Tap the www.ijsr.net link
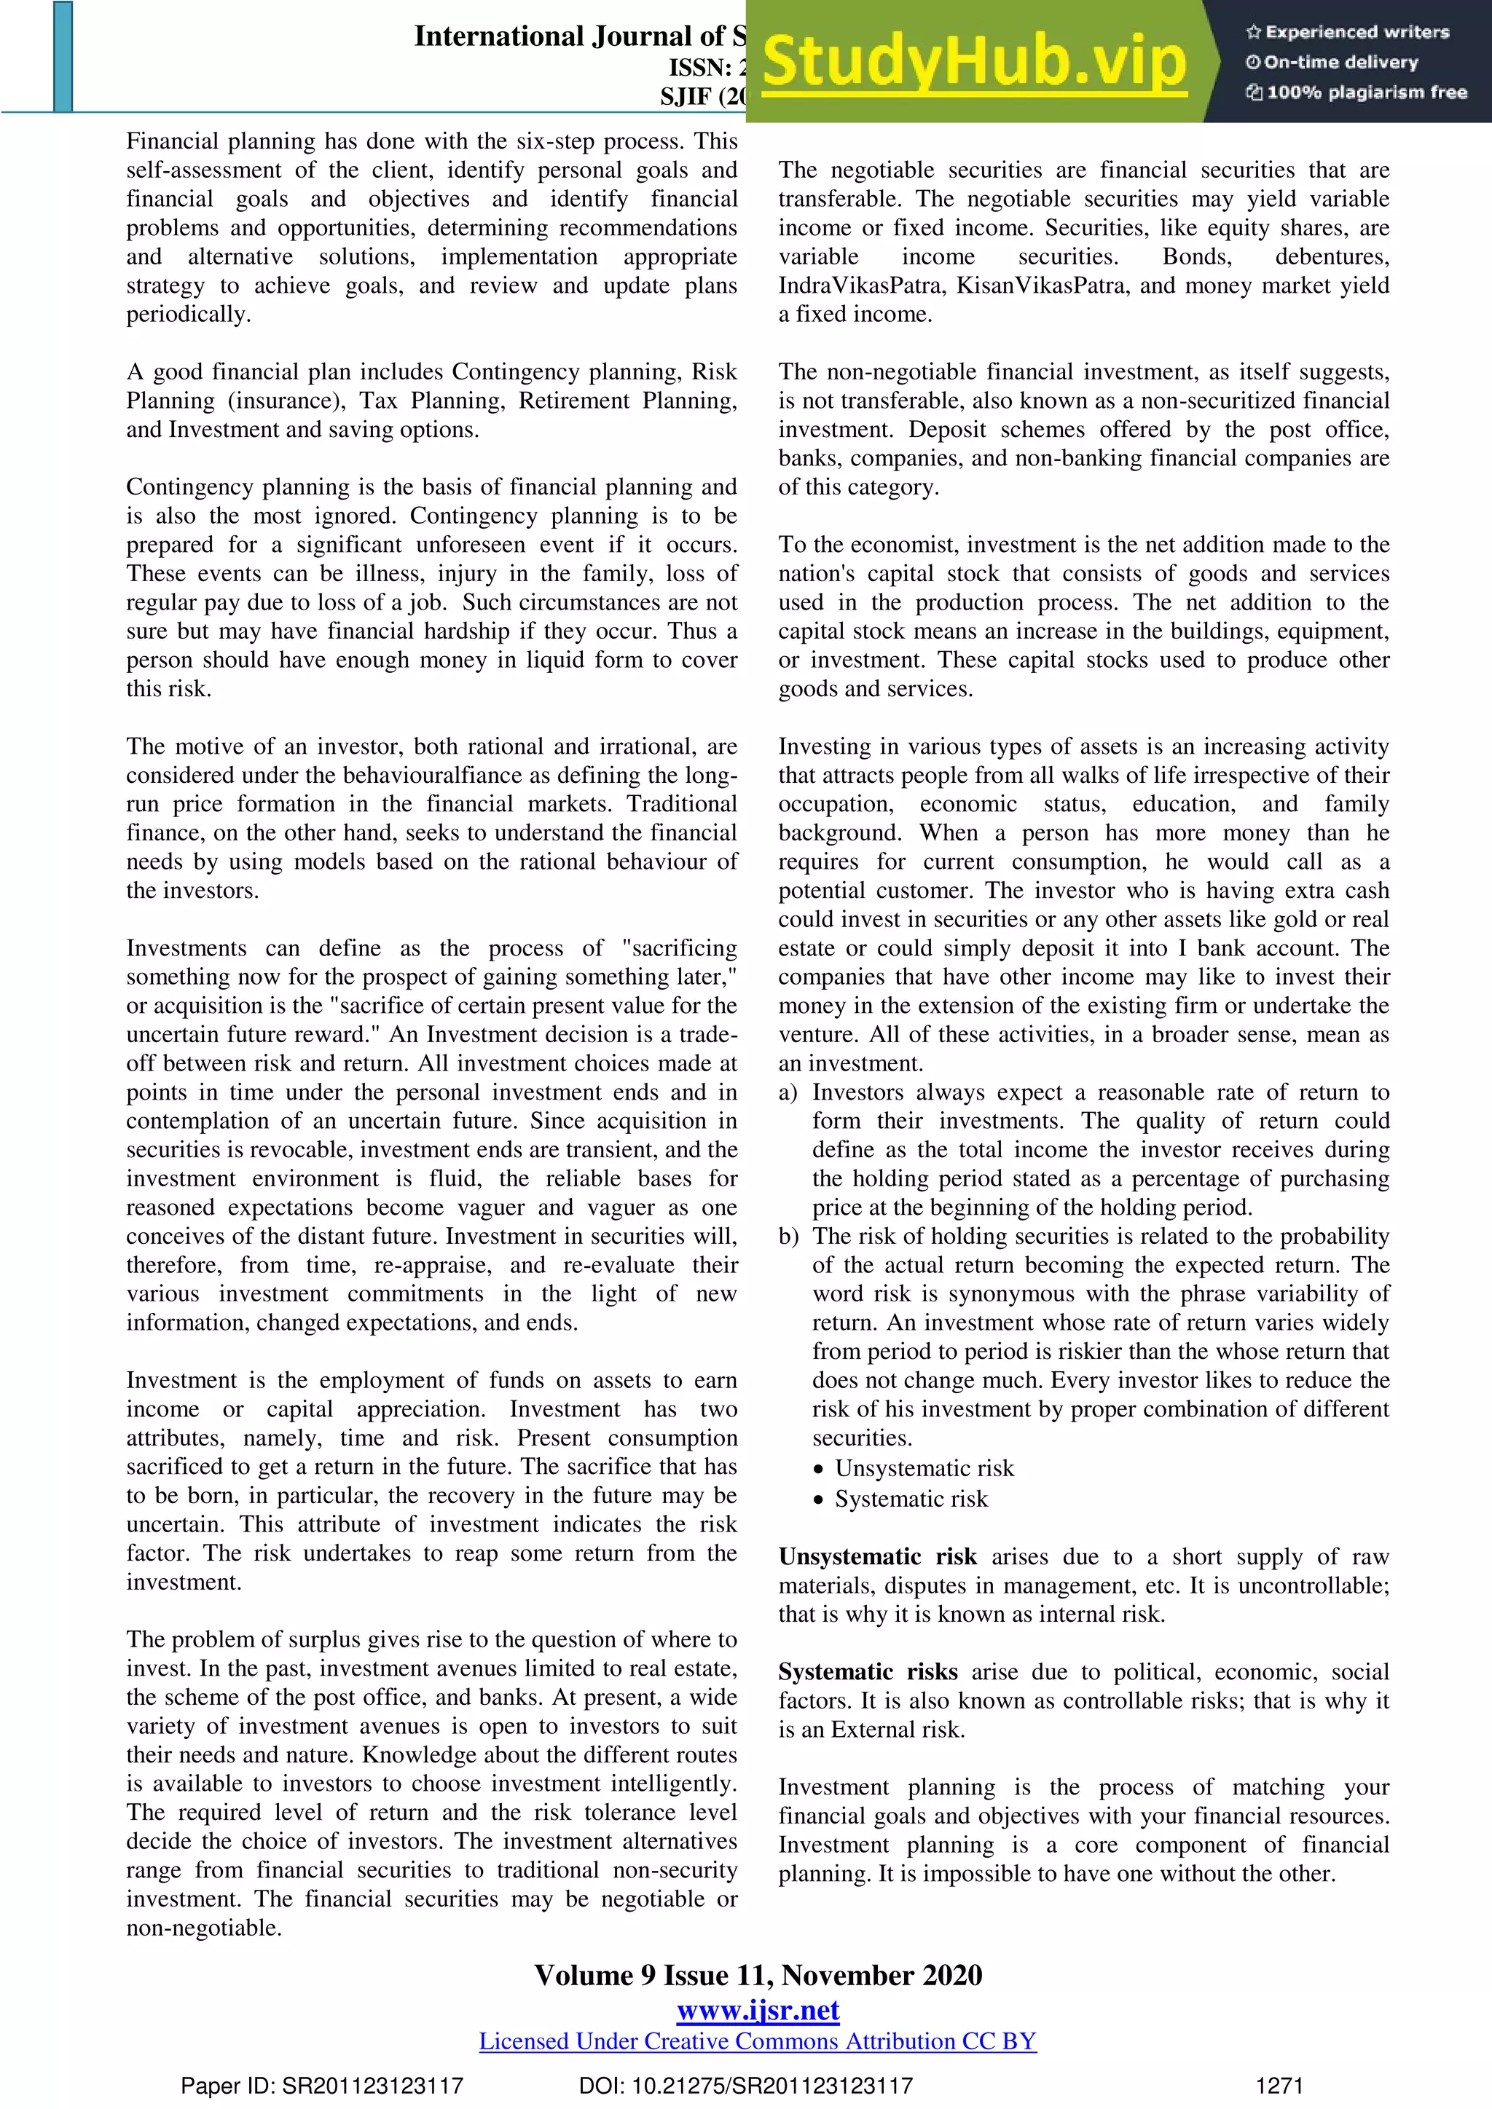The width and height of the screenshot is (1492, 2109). pos(758,2011)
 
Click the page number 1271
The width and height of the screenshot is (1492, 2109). pos(1279,2086)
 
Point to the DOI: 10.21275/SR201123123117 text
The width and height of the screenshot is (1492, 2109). pos(745,2086)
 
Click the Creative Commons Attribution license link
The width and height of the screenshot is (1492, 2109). pos(758,2041)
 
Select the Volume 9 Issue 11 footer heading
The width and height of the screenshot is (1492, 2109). pos(758,1975)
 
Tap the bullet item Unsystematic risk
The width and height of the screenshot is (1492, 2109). pos(923,1469)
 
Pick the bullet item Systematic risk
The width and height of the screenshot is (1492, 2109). pos(911,1499)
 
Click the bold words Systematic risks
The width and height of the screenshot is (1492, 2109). pos(867,1672)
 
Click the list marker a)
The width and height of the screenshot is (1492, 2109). pos(788,1092)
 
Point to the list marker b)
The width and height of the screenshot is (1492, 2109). pos(788,1237)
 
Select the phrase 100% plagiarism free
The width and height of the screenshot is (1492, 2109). pos(1365,92)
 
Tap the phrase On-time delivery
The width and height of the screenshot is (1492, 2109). pos(1340,63)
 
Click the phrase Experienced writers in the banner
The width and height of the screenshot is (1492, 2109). pos(1356,32)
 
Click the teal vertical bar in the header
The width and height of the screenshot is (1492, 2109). pos(63,57)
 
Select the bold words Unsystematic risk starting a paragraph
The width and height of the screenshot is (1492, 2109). pos(876,1557)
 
